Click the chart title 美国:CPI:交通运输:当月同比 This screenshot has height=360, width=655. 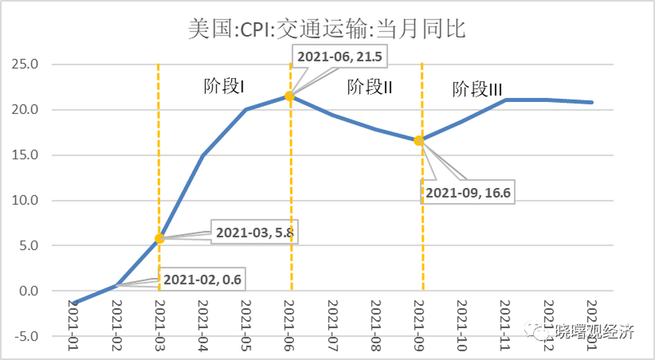[327, 29]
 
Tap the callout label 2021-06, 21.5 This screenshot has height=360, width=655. [340, 57]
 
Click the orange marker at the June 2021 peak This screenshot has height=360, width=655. [289, 96]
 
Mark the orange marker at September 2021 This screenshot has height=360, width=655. [419, 141]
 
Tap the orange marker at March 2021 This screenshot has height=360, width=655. [159, 238]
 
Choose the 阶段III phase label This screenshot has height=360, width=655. [477, 90]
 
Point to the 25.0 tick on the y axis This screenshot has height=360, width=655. [27, 65]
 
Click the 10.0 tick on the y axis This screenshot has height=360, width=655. [27, 200]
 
